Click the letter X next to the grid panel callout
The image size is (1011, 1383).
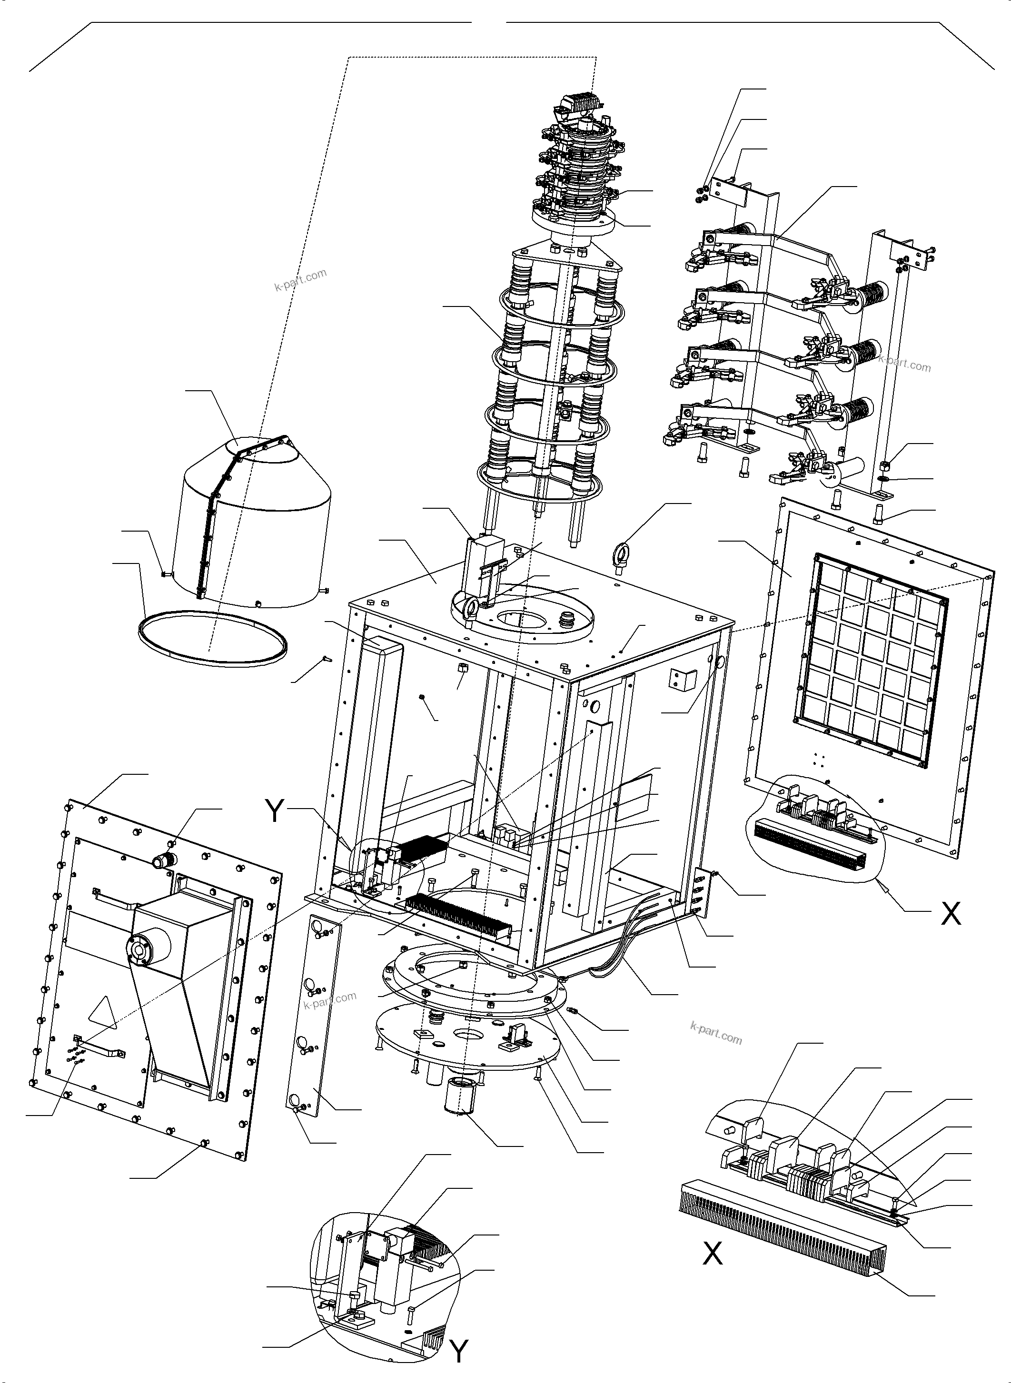(951, 929)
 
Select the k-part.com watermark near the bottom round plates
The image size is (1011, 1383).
(715, 1034)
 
